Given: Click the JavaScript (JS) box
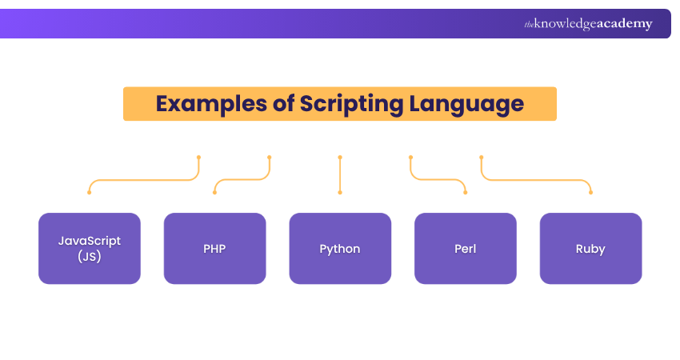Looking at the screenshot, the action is tap(90, 249).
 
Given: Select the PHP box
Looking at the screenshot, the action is tap(214, 249).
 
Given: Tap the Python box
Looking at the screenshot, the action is tap(340, 249).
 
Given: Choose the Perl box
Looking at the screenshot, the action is tap(466, 249).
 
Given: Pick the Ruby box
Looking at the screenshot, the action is tap(590, 249).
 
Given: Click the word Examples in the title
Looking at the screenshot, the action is tap(212, 105).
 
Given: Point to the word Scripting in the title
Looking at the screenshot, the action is tap(351, 105).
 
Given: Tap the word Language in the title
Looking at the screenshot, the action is tap(466, 105).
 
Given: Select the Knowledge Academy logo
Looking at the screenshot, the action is tap(588, 24).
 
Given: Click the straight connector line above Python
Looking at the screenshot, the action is tap(340, 174).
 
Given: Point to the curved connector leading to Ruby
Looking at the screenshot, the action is tap(536, 179).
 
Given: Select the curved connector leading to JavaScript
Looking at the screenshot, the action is tap(144, 179).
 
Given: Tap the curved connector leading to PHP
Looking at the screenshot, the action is tap(242, 179).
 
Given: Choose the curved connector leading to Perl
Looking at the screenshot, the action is tap(438, 179).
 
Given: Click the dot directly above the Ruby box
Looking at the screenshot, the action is tap(590, 193).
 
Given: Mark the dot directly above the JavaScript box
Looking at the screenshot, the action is tap(90, 193).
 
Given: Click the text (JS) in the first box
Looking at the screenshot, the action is tap(90, 256).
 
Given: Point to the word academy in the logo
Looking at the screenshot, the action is tap(625, 24).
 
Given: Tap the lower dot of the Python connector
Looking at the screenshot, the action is tap(340, 193).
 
